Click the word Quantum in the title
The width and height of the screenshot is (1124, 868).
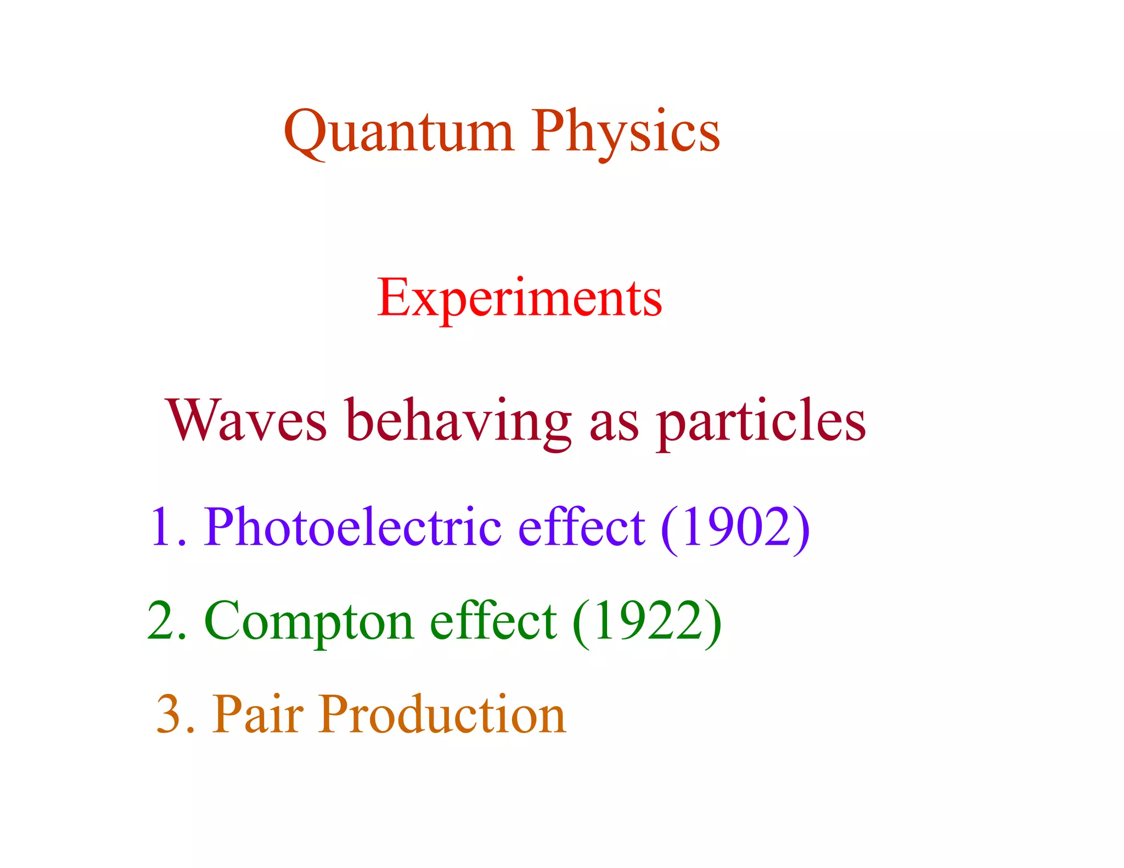[399, 132]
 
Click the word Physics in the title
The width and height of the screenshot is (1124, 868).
[625, 132]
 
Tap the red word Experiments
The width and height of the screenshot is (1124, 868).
[519, 298]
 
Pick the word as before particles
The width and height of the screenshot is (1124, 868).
[614, 425]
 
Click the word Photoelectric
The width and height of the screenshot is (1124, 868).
[353, 527]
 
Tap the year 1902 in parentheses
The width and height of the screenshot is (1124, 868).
[735, 527]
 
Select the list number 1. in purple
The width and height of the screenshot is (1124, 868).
[166, 527]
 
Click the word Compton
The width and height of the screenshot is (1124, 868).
[308, 622]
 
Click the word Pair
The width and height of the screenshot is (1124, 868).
[257, 714]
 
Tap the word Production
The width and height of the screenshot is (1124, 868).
[442, 714]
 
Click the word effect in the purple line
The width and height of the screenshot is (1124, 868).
[581, 527]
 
